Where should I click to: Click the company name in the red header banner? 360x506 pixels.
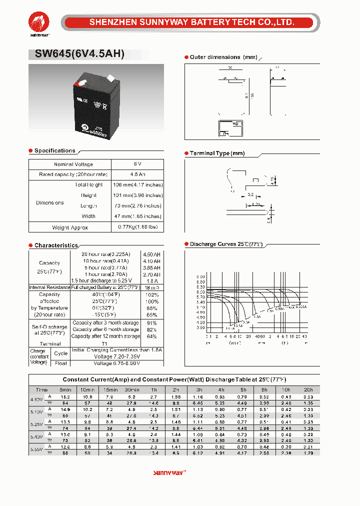pyautogui.click(x=191, y=22)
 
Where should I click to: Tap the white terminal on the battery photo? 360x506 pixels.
pyautogui.click(x=111, y=78)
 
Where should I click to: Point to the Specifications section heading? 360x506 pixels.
pyautogui.click(x=54, y=150)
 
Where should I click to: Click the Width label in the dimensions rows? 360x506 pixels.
pyautogui.click(x=88, y=216)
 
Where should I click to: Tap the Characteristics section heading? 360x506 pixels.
pyautogui.click(x=56, y=245)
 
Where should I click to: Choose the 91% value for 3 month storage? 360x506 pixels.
pyautogui.click(x=152, y=323)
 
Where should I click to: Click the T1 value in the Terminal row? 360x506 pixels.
pyautogui.click(x=105, y=344)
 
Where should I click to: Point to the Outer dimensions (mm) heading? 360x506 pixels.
pyautogui.click(x=223, y=57)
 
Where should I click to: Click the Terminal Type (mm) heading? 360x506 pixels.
pyautogui.click(x=217, y=153)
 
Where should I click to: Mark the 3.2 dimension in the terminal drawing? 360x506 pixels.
pyautogui.click(x=250, y=194)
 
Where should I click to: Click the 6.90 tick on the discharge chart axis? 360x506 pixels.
pyautogui.click(x=200, y=276)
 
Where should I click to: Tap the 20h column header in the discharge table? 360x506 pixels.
pyautogui.click(x=308, y=389)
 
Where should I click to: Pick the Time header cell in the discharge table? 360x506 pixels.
pyautogui.click(x=42, y=389)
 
